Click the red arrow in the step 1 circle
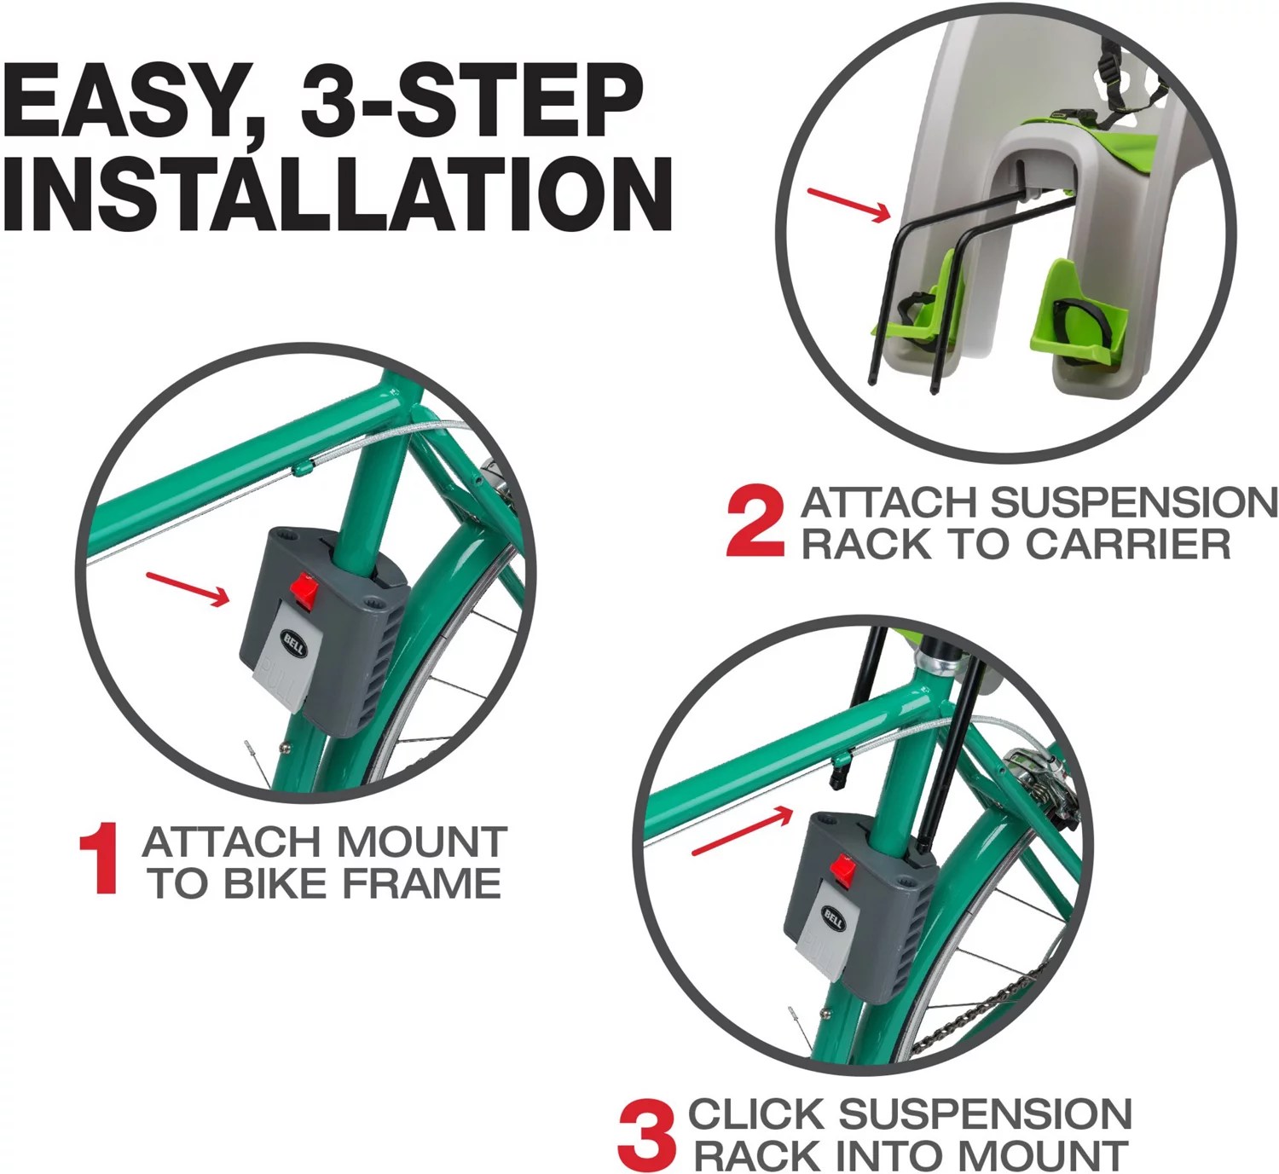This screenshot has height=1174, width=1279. tap(188, 588)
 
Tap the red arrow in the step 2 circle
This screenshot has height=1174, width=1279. tap(848, 205)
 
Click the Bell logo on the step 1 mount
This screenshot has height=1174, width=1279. tap(292, 640)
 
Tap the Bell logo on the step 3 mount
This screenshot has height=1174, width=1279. tap(833, 918)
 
